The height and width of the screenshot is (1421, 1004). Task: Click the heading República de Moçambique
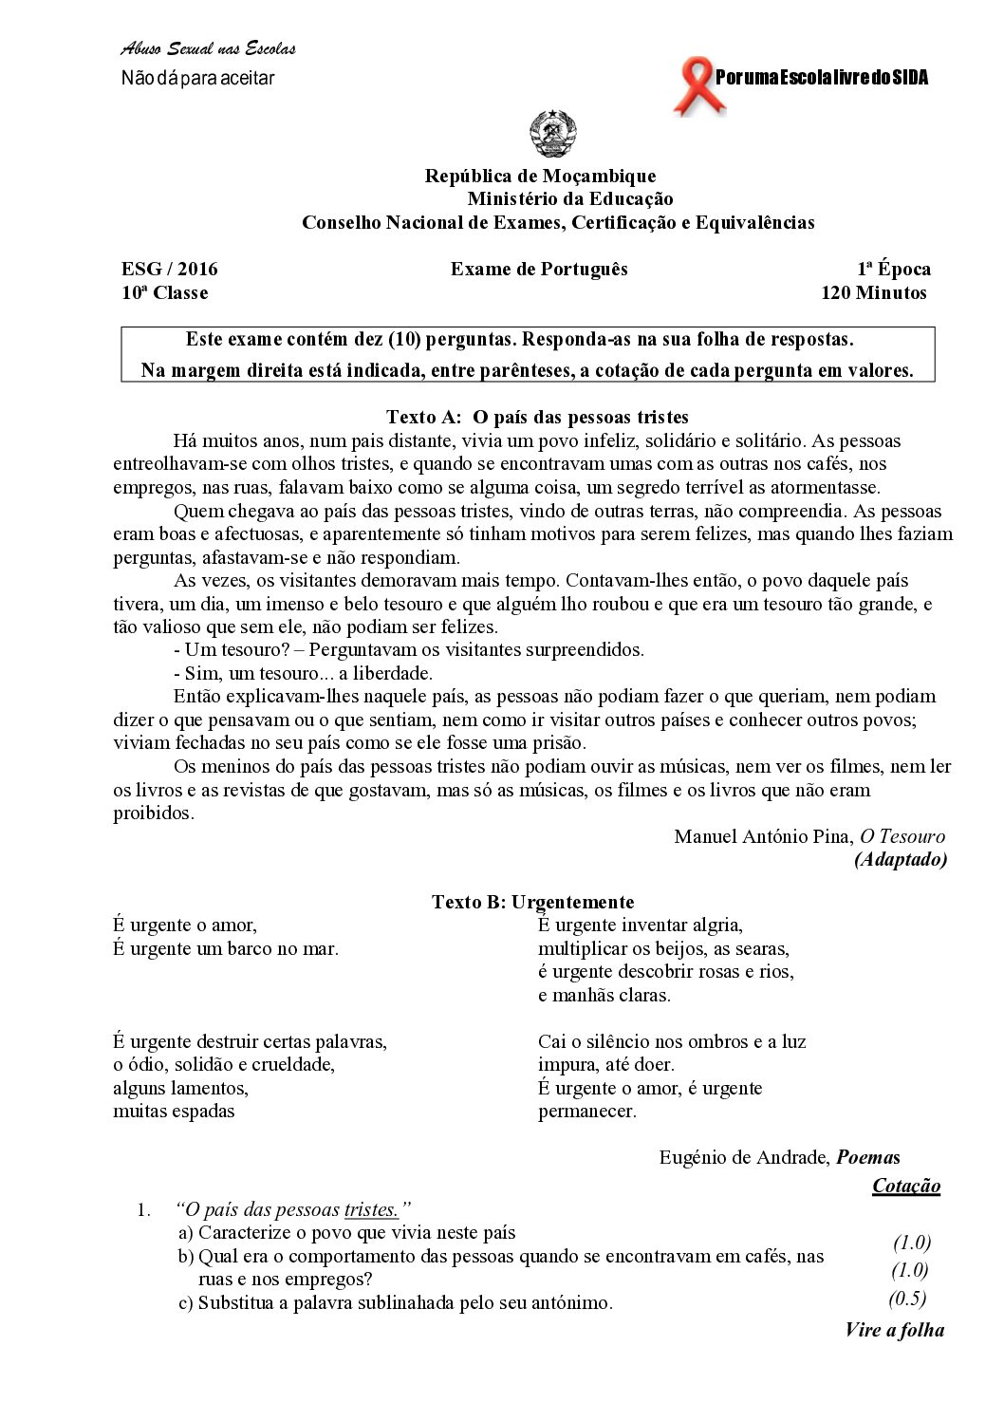coord(540,176)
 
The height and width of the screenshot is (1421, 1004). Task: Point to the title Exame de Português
coord(539,269)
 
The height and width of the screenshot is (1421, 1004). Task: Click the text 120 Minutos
coord(874,292)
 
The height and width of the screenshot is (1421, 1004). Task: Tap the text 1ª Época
coord(894,269)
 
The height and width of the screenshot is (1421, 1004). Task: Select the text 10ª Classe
coord(165,292)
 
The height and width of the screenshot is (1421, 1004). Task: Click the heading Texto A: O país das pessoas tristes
coord(537,417)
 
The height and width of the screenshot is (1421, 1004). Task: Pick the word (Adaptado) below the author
coord(901,860)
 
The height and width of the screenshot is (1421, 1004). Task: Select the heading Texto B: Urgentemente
coord(533,902)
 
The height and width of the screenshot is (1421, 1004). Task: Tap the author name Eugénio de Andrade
coord(744,1157)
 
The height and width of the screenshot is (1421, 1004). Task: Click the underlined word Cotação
coord(906,1186)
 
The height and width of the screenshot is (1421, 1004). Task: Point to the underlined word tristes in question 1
coord(370,1209)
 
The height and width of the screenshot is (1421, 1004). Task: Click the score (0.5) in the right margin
coord(907,1299)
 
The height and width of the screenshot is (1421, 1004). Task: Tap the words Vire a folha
coord(895,1329)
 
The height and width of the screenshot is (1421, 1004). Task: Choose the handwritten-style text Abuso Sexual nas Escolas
coord(208,49)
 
